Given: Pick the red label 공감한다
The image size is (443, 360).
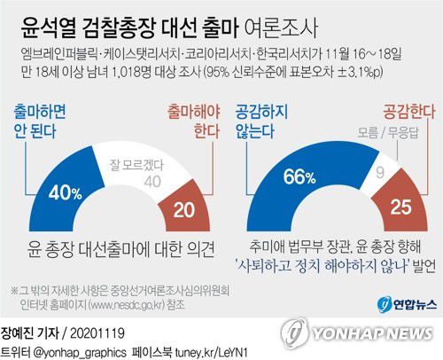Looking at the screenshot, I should [x=402, y=113].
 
